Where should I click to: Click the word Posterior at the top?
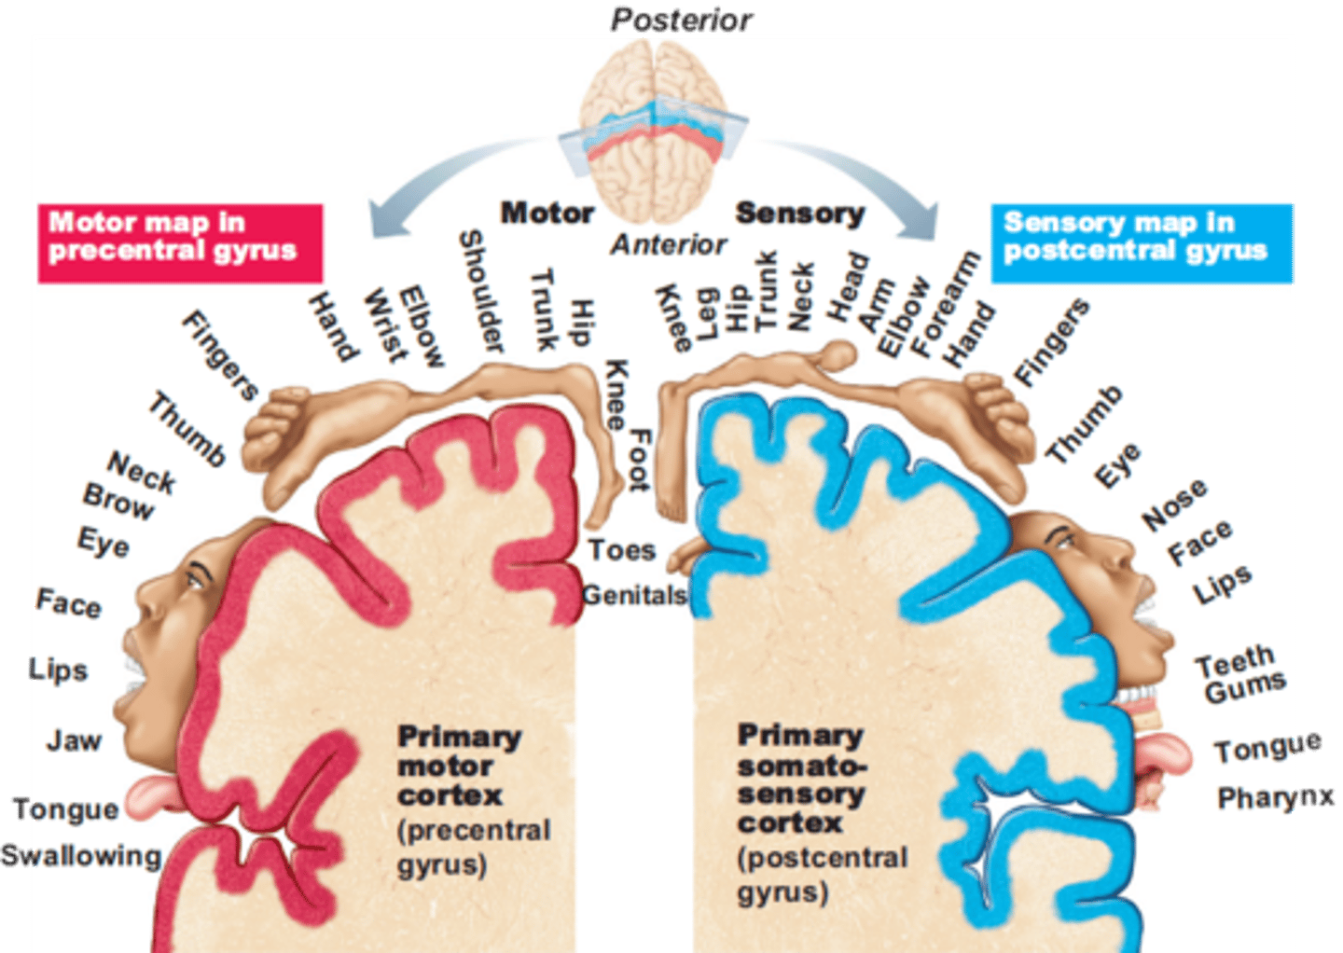(682, 19)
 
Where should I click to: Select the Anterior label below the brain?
(668, 244)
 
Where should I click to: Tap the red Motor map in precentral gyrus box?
(180, 242)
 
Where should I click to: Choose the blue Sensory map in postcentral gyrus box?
(1142, 242)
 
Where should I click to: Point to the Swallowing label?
(81, 855)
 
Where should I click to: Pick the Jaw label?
(74, 740)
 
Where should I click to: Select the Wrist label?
(385, 325)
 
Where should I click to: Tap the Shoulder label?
(482, 291)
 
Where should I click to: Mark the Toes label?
(622, 550)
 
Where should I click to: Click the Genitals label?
(634, 594)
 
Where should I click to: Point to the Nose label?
(1174, 504)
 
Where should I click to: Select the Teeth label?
(1235, 661)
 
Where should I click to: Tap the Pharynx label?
(1277, 797)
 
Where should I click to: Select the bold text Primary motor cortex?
(457, 766)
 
